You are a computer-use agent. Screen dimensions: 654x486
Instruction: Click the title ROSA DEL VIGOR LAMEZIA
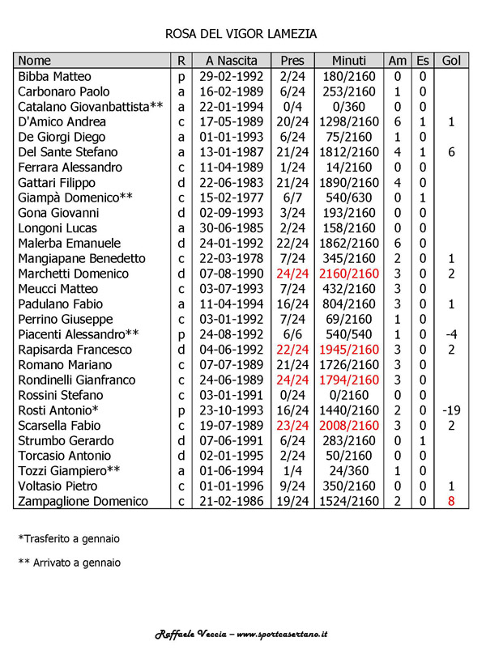(x=241, y=34)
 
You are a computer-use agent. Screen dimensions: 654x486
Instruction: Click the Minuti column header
(x=349, y=61)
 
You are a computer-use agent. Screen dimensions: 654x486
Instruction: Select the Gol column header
(x=451, y=61)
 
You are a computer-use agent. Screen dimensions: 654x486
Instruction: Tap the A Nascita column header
(x=232, y=61)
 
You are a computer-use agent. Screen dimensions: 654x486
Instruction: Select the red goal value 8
(x=451, y=502)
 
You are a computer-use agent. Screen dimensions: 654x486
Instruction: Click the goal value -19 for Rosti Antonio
(x=451, y=410)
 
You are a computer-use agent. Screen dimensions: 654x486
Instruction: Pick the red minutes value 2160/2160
(x=349, y=274)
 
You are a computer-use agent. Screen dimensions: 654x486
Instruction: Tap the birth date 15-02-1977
(x=232, y=197)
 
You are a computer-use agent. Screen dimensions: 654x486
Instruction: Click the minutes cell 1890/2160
(x=349, y=183)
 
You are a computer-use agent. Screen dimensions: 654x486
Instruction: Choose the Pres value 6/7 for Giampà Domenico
(x=292, y=197)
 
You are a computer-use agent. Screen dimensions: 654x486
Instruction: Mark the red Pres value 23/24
(x=292, y=426)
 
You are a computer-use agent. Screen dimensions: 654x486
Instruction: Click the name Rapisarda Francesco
(x=75, y=350)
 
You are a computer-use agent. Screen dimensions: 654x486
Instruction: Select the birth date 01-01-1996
(x=232, y=486)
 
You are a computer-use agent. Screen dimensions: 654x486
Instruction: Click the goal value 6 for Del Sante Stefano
(x=451, y=152)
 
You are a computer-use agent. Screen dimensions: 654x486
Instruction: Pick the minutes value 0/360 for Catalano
(x=349, y=107)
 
